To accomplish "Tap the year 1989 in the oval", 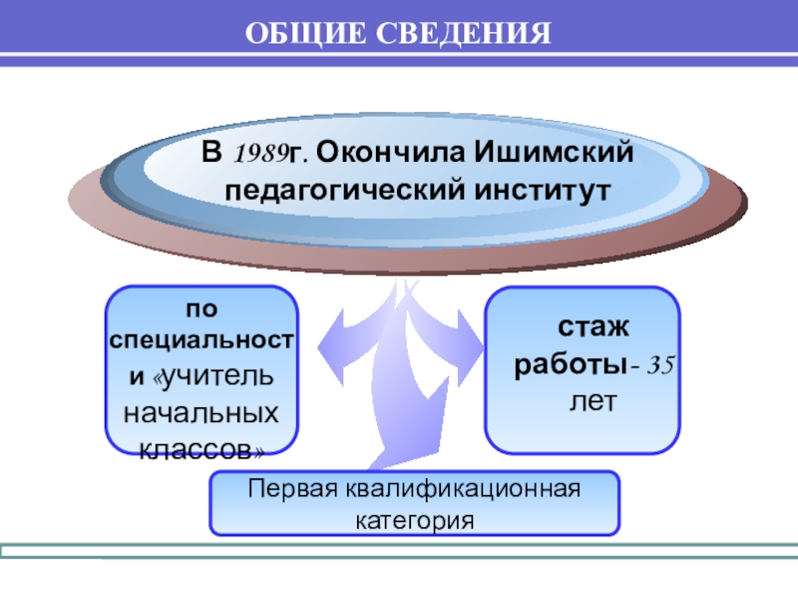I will [258, 156].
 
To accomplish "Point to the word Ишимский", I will [555, 155].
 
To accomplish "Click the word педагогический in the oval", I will [345, 188].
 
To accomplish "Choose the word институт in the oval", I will [534, 188].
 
